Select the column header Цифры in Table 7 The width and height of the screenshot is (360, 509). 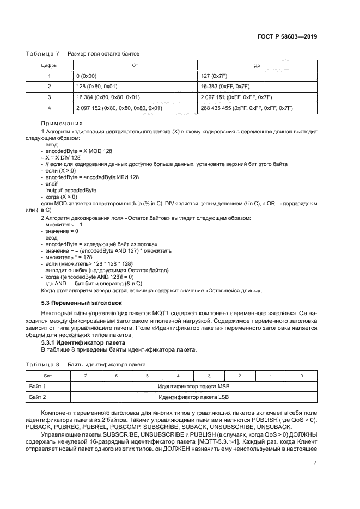(x=50, y=65)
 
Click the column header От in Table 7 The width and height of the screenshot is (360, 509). (x=135, y=65)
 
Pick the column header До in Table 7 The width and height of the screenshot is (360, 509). (x=257, y=65)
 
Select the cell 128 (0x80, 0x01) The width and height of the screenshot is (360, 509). (x=98, y=87)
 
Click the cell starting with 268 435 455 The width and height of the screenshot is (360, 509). (x=247, y=108)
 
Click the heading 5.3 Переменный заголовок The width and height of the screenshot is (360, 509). (x=82, y=302)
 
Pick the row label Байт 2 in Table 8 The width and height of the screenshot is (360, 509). (x=38, y=397)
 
